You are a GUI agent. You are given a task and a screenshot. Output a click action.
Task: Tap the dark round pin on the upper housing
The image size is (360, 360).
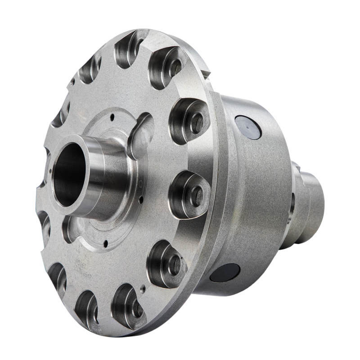click(248, 127)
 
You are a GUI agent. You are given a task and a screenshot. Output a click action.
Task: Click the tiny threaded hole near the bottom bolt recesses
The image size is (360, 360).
click(143, 290)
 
